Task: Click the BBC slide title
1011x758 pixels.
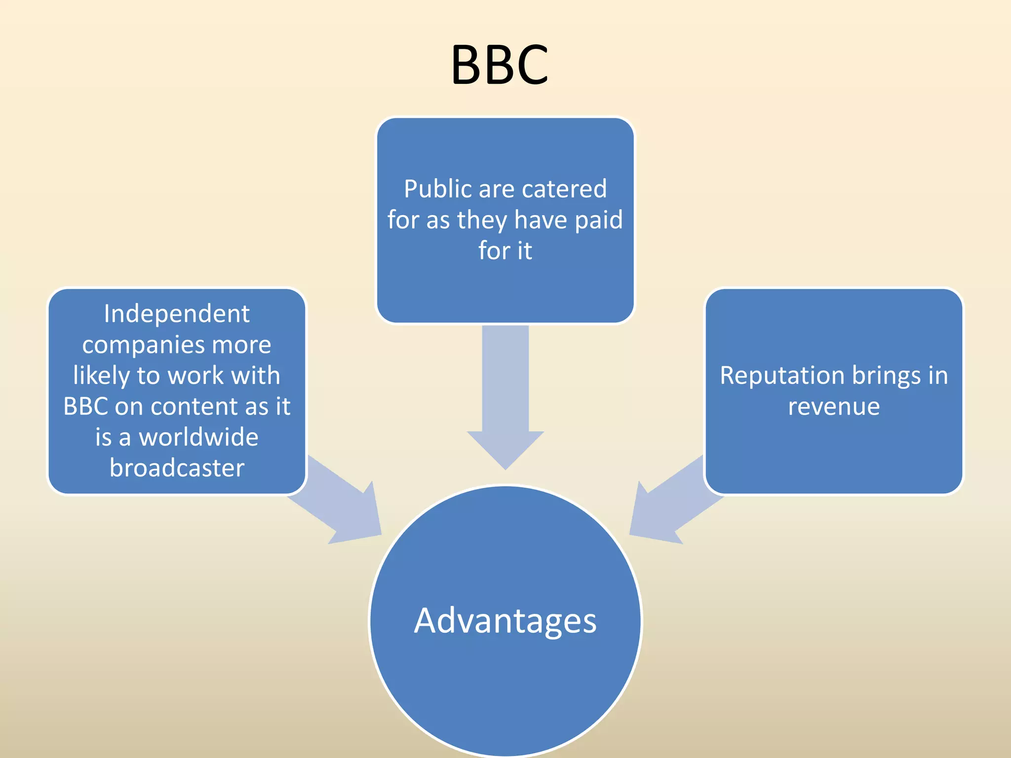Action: pyautogui.click(x=499, y=65)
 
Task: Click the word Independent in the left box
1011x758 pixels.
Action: pyautogui.click(x=177, y=314)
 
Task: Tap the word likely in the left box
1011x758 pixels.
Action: pyautogui.click(x=101, y=376)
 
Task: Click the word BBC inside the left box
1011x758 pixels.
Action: pyautogui.click(x=85, y=407)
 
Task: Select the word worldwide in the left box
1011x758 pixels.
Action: pyautogui.click(x=198, y=437)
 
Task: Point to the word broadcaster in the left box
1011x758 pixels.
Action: pyautogui.click(x=177, y=468)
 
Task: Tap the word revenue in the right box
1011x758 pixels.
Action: pyautogui.click(x=834, y=407)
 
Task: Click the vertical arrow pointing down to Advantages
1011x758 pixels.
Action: pyautogui.click(x=505, y=395)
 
